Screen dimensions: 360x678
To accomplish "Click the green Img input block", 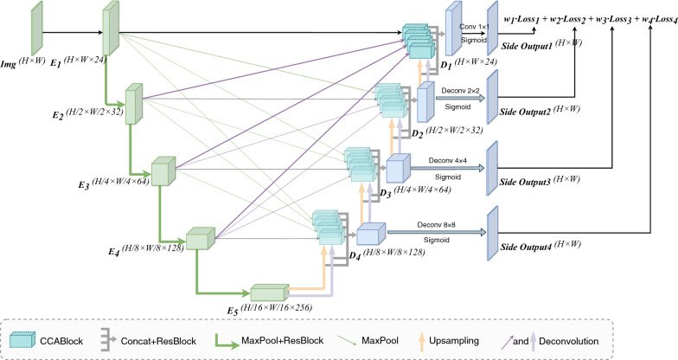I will pyautogui.click(x=37, y=28).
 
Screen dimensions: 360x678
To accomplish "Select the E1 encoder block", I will pyautogui.click(x=110, y=29).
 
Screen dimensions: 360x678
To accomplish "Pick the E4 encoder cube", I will pyautogui.click(x=200, y=237).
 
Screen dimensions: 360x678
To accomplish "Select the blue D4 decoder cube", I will pyautogui.click(x=369, y=234).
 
